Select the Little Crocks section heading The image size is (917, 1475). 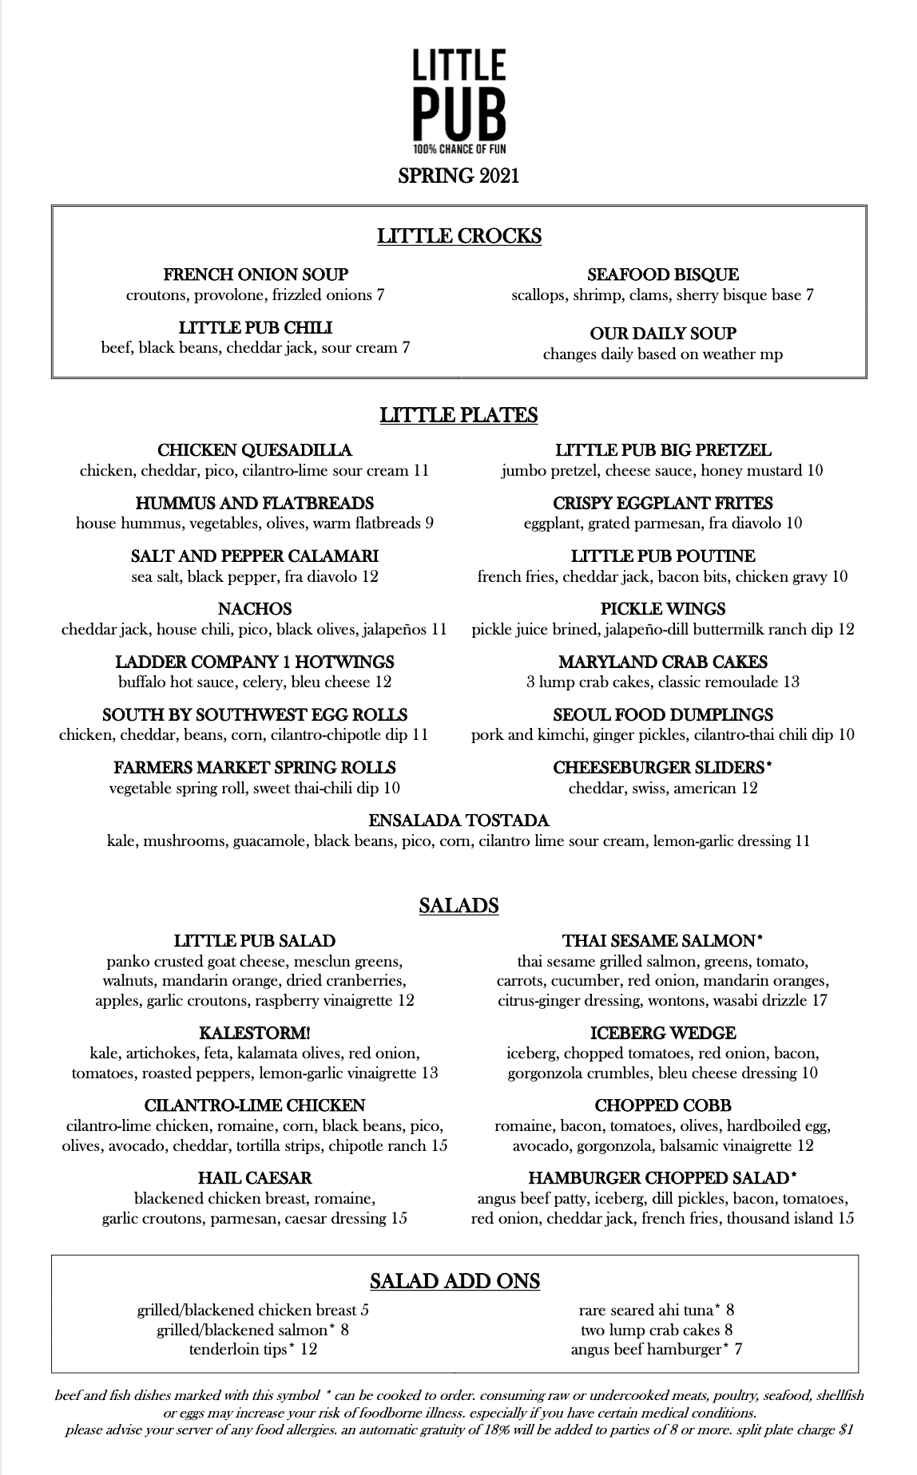[458, 236]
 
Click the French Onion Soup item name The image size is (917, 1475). [256, 275]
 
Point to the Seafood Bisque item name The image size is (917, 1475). [662, 275]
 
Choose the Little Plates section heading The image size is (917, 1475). [458, 416]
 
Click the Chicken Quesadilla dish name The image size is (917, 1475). [255, 451]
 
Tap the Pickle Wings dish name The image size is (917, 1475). [663, 610]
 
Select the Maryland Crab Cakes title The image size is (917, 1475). [663, 662]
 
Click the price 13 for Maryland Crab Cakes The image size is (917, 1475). [791, 682]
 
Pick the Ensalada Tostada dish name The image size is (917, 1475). [458, 821]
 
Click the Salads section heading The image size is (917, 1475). [458, 906]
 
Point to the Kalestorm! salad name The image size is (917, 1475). [255, 1034]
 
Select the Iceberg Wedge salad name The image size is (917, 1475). [663, 1034]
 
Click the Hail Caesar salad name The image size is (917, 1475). [255, 1179]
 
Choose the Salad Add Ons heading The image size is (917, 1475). [455, 1282]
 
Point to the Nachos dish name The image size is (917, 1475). [255, 610]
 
